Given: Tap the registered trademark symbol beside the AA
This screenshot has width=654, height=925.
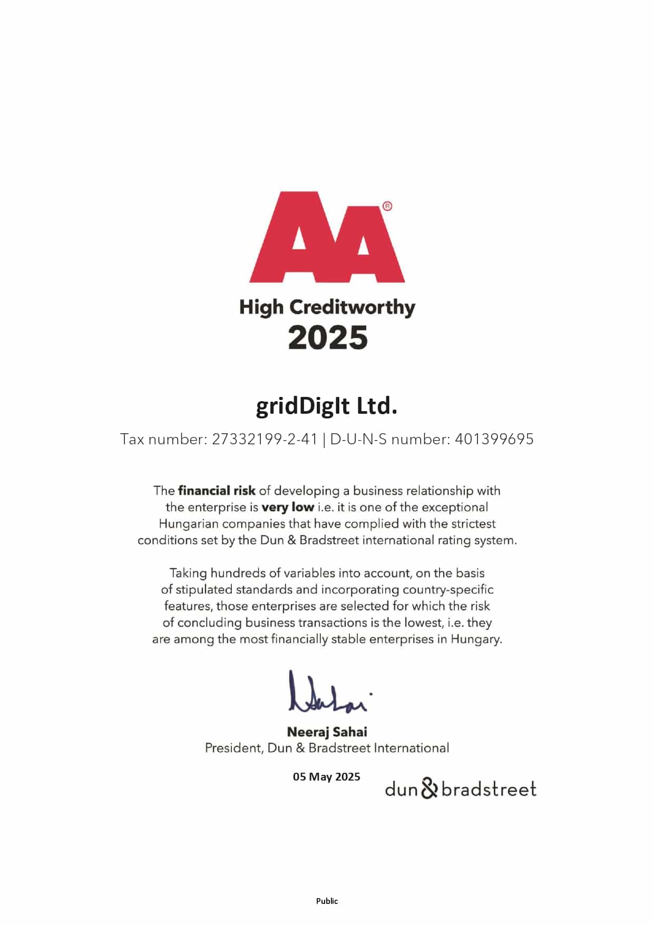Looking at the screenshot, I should (387, 206).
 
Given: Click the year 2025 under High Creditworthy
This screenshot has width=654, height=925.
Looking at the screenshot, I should (327, 337).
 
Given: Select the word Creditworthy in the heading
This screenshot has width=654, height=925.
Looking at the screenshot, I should (352, 307).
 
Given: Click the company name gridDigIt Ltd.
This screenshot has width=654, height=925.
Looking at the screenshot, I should (327, 406).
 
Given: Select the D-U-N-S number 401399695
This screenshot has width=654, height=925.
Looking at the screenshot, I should (494, 439).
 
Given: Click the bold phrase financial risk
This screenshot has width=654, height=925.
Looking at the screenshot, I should (217, 491).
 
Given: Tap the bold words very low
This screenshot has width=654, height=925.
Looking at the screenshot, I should (288, 508).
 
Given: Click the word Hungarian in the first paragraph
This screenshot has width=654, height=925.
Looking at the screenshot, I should (188, 524).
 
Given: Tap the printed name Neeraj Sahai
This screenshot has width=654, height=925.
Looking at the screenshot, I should (327, 732).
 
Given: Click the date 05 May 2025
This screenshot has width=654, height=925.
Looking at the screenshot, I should (326, 777).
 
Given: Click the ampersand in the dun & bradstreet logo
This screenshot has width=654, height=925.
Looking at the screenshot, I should (430, 788).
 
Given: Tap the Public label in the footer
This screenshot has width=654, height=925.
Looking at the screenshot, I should (327, 901).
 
